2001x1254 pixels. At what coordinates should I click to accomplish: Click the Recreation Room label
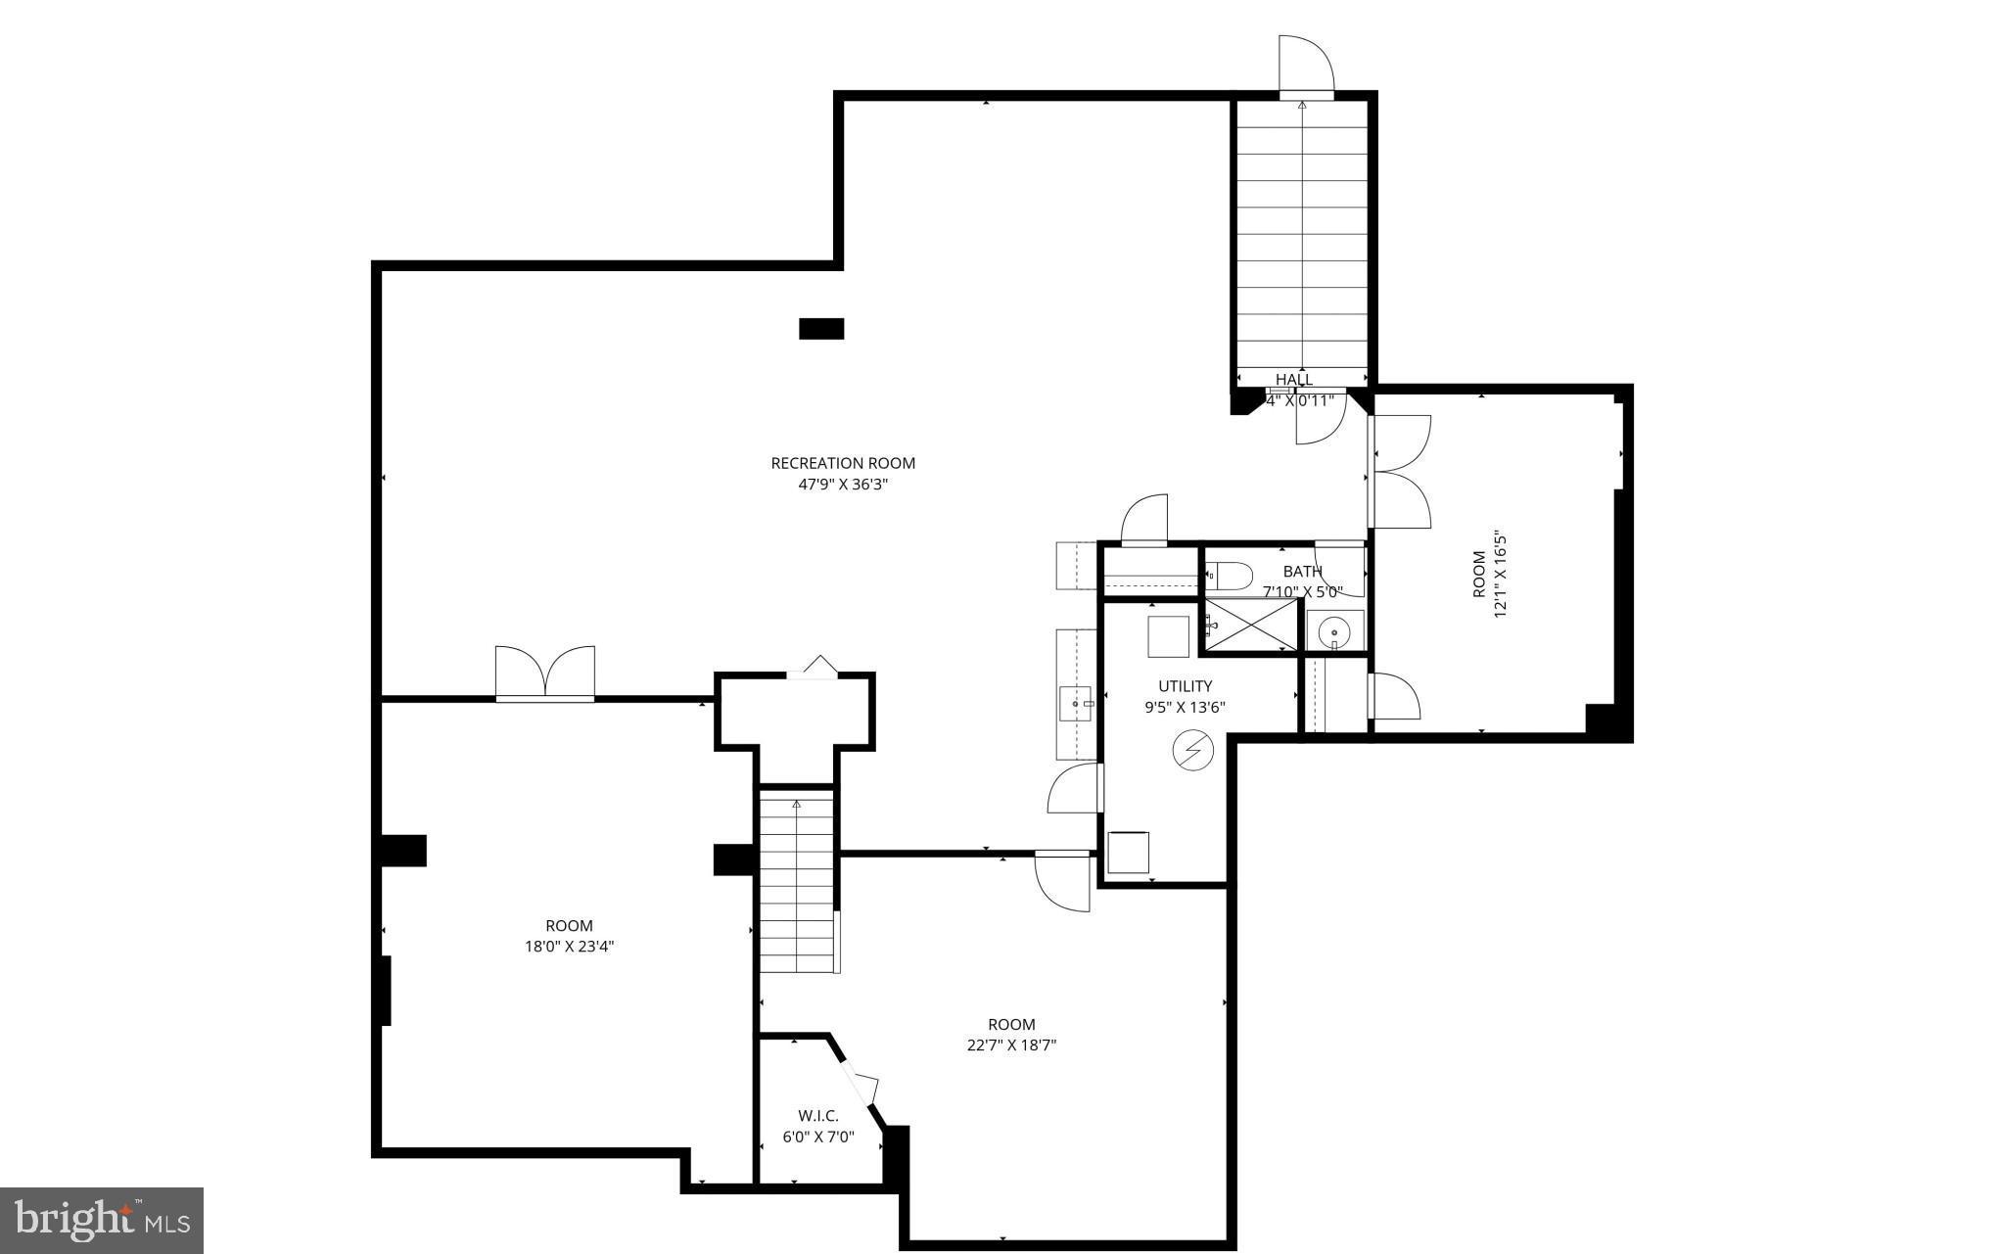point(843,463)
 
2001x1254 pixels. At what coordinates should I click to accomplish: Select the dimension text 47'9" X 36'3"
point(843,485)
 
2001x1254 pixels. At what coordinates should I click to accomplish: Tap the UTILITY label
point(1185,686)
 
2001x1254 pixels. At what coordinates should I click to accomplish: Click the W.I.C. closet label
point(817,1116)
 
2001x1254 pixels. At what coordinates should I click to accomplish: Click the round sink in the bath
point(1333,633)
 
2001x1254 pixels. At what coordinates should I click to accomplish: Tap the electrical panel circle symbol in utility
point(1192,751)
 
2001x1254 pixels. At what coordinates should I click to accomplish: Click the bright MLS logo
point(102,1220)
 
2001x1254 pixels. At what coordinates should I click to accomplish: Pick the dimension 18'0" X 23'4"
point(569,947)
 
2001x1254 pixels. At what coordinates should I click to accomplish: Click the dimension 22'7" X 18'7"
point(1011,1045)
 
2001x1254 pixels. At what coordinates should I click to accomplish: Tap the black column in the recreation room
point(820,329)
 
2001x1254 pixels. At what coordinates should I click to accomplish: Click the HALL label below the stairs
point(1293,380)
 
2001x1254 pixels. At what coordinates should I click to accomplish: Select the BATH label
point(1302,572)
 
